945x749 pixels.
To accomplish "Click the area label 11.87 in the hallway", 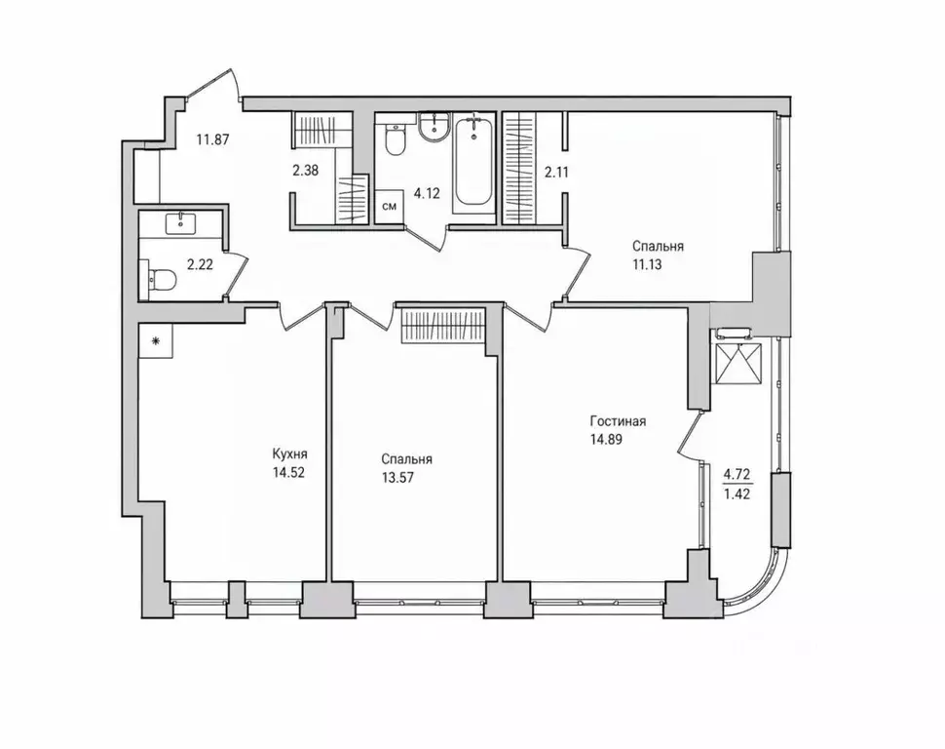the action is click(x=212, y=139).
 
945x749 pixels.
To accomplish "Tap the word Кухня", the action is click(x=290, y=453).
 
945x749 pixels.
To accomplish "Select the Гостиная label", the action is click(x=618, y=421).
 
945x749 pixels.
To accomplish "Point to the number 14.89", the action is click(x=606, y=440).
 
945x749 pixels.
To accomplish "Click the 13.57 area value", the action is click(x=397, y=478).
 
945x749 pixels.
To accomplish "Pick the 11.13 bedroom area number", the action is click(x=647, y=263).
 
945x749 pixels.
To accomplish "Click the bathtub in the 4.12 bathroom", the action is click(x=473, y=161).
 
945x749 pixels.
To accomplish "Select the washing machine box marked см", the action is click(x=390, y=207).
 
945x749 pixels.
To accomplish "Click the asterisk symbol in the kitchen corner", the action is click(x=156, y=341).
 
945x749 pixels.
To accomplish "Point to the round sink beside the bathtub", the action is click(x=434, y=128).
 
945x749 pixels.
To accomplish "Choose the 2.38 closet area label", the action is click(x=306, y=171).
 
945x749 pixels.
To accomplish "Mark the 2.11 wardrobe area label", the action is click(x=556, y=173).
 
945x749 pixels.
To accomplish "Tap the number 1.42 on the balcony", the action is click(x=737, y=494).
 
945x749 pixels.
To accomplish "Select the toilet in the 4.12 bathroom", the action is click(x=395, y=139).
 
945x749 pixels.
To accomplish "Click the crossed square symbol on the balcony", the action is click(x=737, y=364).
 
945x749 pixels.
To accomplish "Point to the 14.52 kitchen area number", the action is click(x=288, y=472).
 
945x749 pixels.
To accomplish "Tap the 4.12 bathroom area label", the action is click(x=426, y=194).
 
